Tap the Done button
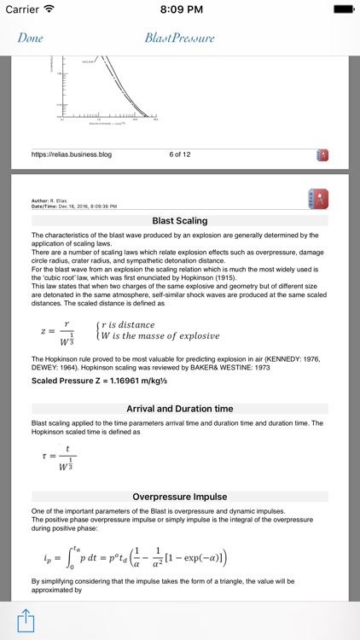(30, 38)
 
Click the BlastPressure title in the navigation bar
(179, 38)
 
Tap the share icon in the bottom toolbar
(26, 619)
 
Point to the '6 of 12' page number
(180, 154)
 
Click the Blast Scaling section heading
(179, 220)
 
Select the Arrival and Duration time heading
(179, 409)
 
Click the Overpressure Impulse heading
(179, 497)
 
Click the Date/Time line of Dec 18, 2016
(74, 207)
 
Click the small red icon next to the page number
(322, 155)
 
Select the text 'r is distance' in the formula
(128, 324)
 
